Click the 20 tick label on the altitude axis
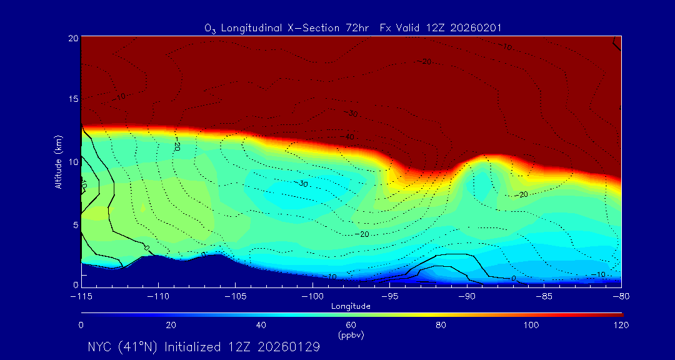point(72,38)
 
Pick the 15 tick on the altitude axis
point(72,99)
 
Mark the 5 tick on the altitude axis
point(74,224)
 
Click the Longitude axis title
point(351,306)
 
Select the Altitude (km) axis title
point(59,162)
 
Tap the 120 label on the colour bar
point(621,325)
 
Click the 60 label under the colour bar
point(351,325)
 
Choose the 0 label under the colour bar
point(81,325)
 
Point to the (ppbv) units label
point(351,335)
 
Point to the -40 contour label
point(346,137)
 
